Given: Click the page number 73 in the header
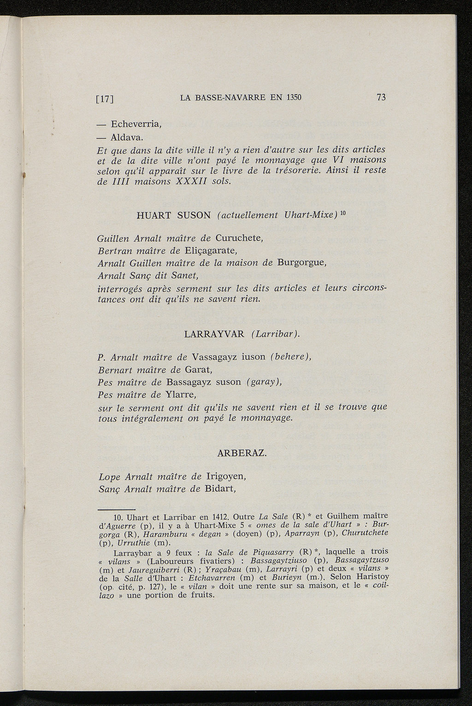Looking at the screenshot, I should (381, 97).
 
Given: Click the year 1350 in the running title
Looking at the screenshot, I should (293, 98).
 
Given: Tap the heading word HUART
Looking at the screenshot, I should (153, 215).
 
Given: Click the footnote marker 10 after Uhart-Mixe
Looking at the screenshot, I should (342, 213).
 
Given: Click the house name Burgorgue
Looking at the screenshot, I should (301, 263).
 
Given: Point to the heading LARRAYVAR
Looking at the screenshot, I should (214, 334).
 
